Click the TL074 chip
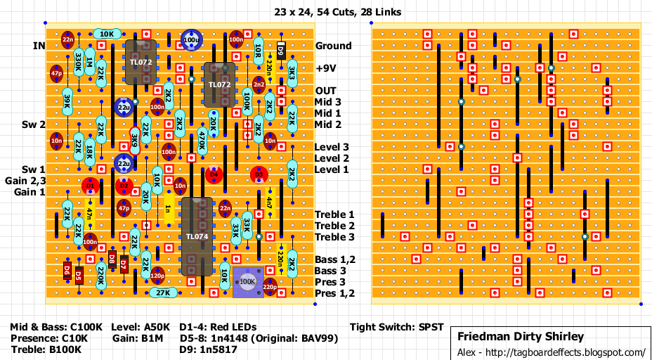[197, 236]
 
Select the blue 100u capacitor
[190, 40]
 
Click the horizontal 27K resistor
[163, 292]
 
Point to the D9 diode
[280, 49]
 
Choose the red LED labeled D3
[259, 174]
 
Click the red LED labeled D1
[90, 186]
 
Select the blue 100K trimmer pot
[247, 281]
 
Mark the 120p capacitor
[157, 276]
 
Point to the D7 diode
[123, 264]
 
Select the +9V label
[326, 68]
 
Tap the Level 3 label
[332, 147]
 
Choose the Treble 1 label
[334, 214]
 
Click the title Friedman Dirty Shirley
[521, 337]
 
